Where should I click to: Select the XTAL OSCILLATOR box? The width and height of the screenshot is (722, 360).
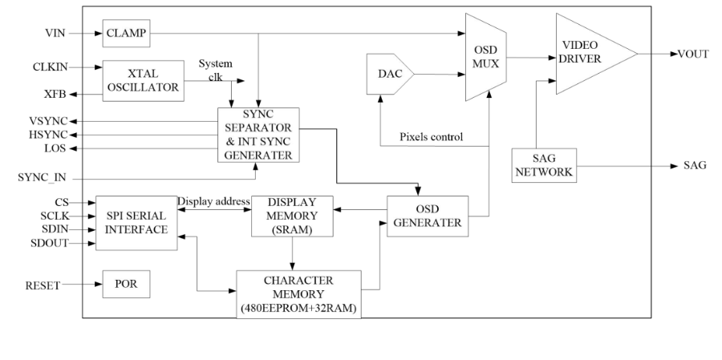coord(141,81)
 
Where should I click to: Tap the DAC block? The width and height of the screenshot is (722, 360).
coord(389,76)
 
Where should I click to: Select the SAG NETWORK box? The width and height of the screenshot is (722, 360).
coord(543,164)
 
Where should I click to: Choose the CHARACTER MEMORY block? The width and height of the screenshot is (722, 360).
coord(298,293)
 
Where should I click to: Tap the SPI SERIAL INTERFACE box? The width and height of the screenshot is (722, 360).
coord(136,222)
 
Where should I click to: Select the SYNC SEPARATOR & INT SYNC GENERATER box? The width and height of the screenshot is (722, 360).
coord(258,135)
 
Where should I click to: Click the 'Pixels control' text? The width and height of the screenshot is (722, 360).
coord(431,136)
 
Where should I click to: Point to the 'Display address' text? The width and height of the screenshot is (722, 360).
coord(214,200)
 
